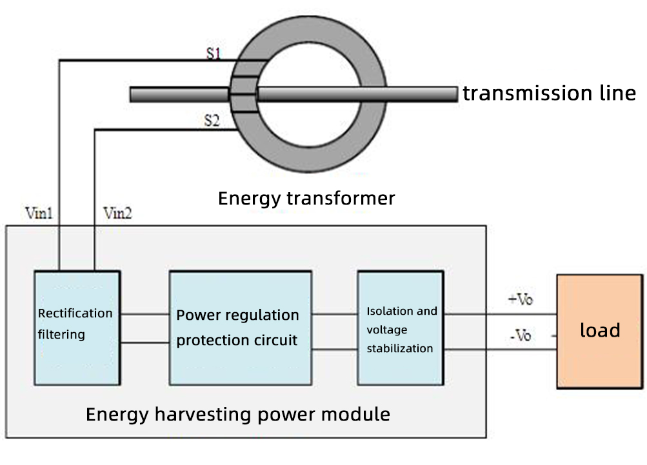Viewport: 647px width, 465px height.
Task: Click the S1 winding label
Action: click(x=214, y=54)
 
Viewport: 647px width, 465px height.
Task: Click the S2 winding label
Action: click(x=213, y=120)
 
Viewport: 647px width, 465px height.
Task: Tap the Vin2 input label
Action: click(x=117, y=213)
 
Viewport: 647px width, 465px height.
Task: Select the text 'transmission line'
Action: click(x=549, y=94)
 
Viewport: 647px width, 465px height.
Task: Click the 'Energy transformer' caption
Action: click(x=306, y=198)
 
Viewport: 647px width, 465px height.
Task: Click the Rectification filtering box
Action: click(x=77, y=328)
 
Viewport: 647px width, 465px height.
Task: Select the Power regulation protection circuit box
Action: click(x=240, y=328)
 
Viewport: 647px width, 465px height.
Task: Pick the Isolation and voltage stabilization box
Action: click(x=401, y=328)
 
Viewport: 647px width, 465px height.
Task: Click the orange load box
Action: click(x=600, y=331)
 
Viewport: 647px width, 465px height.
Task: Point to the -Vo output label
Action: click(x=520, y=336)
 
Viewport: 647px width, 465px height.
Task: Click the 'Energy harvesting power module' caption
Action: click(x=237, y=414)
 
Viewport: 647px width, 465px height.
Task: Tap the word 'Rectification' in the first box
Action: click(x=75, y=313)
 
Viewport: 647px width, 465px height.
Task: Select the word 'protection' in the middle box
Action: click(x=209, y=340)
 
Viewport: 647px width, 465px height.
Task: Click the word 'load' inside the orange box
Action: click(x=600, y=331)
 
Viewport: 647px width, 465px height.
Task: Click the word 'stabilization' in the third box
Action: click(x=399, y=348)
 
